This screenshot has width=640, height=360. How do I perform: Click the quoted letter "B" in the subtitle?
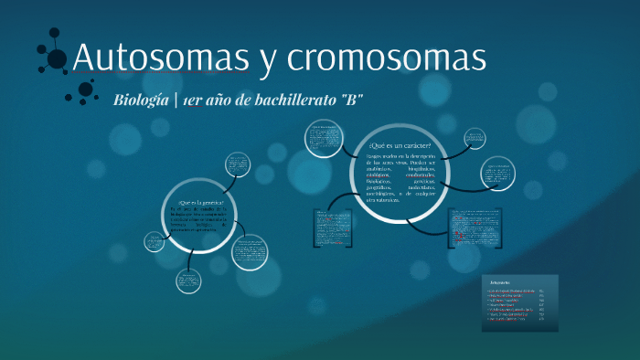coord(350,100)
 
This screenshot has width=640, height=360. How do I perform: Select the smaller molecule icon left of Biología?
coord(84,91)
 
